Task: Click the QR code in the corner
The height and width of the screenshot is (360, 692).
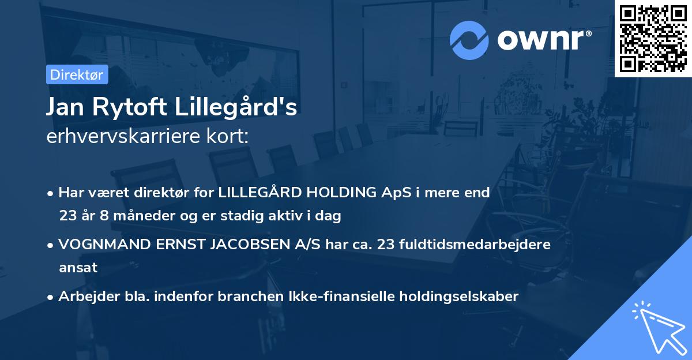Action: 653,39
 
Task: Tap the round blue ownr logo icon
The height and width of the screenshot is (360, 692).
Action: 469,40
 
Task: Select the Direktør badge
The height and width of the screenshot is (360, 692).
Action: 76,75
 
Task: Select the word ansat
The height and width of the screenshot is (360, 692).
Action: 78,268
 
